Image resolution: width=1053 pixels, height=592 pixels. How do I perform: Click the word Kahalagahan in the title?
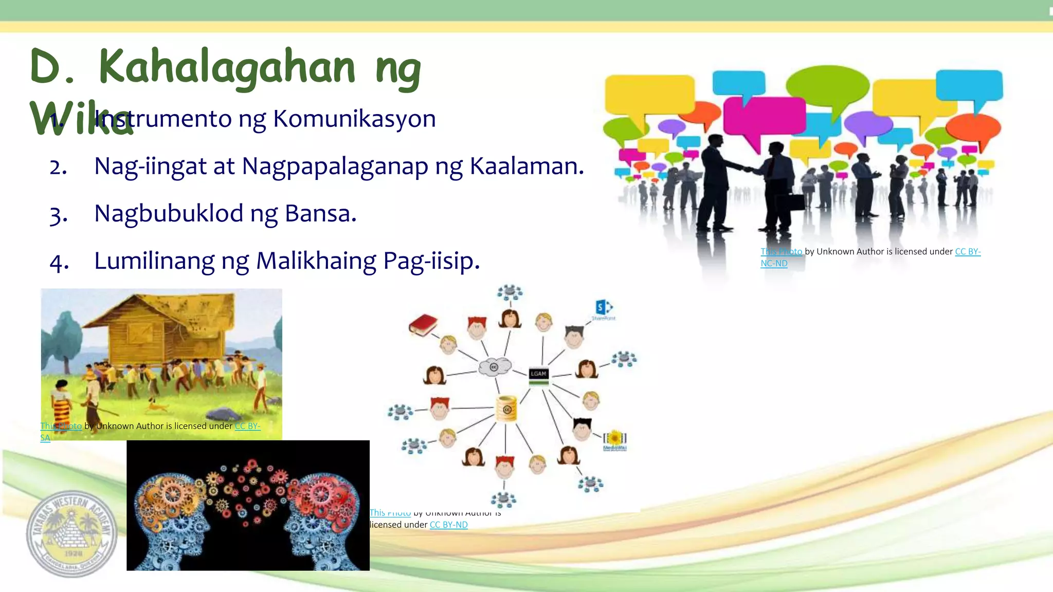click(x=226, y=67)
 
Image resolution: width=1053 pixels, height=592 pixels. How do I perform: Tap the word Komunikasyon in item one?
click(x=354, y=119)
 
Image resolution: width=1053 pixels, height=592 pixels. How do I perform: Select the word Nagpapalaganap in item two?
click(x=335, y=166)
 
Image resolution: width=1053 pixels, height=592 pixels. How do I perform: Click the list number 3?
click(x=58, y=215)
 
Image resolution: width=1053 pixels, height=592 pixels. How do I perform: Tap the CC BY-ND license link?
click(x=448, y=525)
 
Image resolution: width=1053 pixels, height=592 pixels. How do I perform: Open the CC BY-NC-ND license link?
click(x=968, y=252)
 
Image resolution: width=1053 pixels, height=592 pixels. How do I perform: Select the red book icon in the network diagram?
click(x=423, y=325)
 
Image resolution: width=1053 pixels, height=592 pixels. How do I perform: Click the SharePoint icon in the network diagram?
click(x=604, y=308)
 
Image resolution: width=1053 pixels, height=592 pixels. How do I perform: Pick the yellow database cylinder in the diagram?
click(x=506, y=409)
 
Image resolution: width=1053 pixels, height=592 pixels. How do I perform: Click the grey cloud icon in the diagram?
click(x=495, y=367)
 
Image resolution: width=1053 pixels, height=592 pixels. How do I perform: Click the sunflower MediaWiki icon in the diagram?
click(x=615, y=439)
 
